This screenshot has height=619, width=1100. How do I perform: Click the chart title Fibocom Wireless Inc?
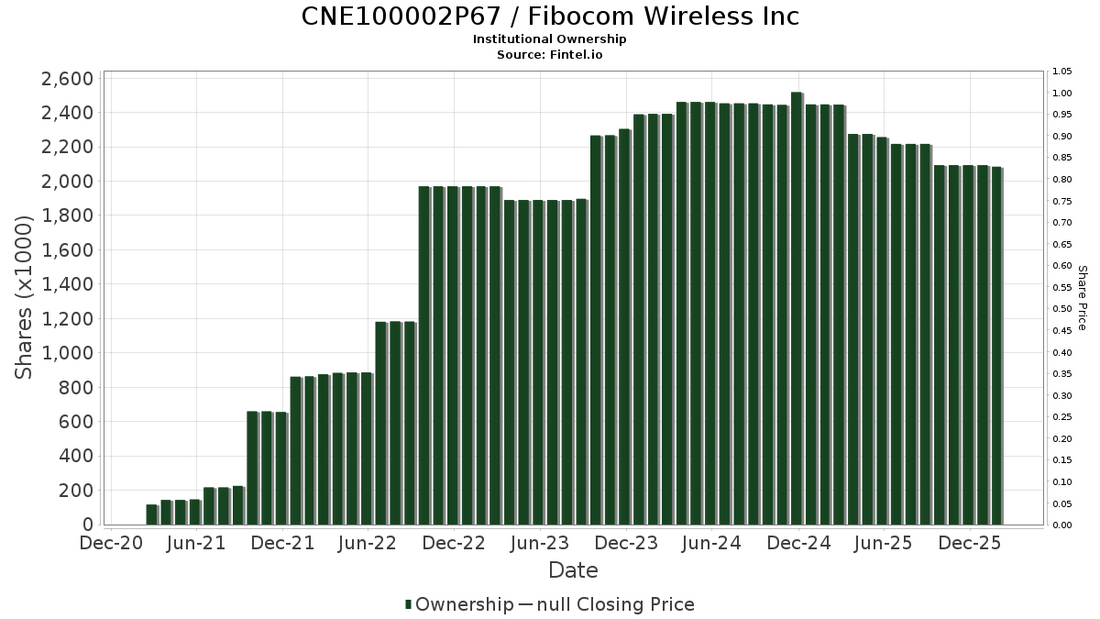tap(550, 17)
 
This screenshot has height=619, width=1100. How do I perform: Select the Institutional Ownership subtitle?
tap(550, 39)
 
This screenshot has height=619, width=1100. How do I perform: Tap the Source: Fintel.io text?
tap(550, 54)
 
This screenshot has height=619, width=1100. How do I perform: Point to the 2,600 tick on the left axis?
tap(68, 78)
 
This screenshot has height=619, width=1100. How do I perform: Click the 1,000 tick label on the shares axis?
tap(68, 353)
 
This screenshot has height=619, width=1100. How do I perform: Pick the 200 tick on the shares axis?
tap(75, 491)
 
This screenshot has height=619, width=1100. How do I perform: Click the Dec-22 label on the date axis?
tap(455, 544)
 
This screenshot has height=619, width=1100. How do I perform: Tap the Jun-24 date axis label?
tap(712, 544)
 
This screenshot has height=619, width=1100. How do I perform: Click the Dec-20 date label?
tap(111, 544)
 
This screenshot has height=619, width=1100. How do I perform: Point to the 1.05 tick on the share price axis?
tap(1061, 72)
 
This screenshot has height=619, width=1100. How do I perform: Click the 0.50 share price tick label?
tap(1061, 309)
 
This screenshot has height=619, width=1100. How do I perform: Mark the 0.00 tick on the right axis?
tap(1061, 525)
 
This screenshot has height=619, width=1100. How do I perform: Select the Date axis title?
tap(573, 570)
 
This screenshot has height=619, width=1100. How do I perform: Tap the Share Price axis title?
tap(1082, 298)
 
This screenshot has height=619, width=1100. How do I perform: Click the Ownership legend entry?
tap(459, 604)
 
